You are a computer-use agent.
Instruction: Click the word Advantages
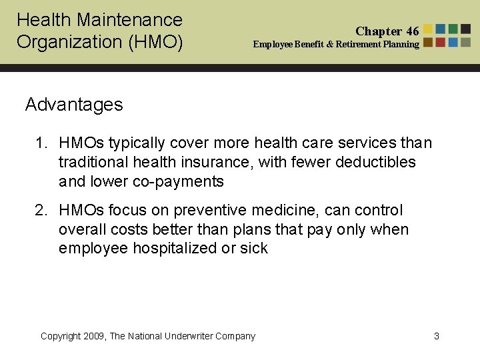point(74,105)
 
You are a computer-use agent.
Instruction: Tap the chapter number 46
point(412,31)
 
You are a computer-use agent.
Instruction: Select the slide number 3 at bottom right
point(437,336)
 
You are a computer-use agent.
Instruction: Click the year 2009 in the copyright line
point(93,336)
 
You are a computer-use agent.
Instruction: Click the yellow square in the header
point(429,29)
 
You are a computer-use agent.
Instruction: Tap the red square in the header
point(441,29)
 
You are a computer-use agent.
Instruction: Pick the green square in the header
point(453,29)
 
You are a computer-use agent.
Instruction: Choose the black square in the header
point(465,29)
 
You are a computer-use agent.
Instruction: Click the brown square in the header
point(429,41)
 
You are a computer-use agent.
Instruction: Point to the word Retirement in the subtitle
point(359,45)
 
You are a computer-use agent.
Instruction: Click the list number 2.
point(41,211)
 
